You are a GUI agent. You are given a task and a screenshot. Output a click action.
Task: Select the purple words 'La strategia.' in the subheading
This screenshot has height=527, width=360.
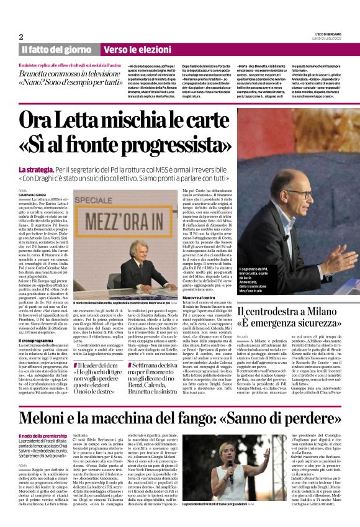coord(35,170)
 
